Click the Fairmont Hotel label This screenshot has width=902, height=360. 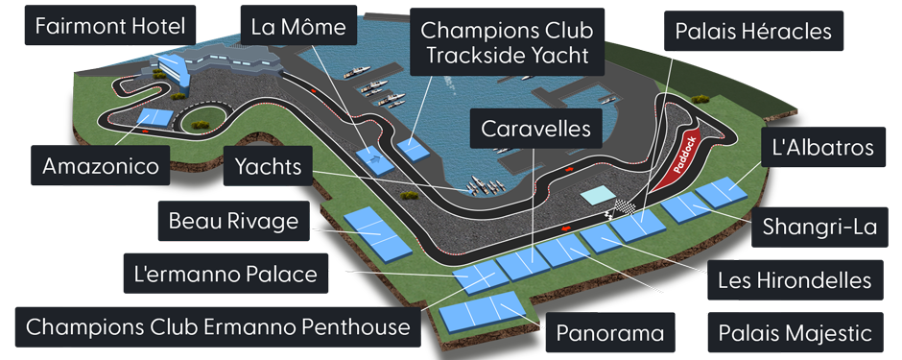[109, 26]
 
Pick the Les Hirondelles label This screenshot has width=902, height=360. [794, 280]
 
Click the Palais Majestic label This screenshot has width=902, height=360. [793, 333]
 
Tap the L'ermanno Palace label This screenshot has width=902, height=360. [225, 276]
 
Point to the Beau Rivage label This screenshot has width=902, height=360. [234, 222]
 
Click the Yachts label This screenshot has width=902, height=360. [268, 167]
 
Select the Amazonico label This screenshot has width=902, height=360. [100, 167]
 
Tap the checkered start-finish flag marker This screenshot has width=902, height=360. [627, 206]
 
